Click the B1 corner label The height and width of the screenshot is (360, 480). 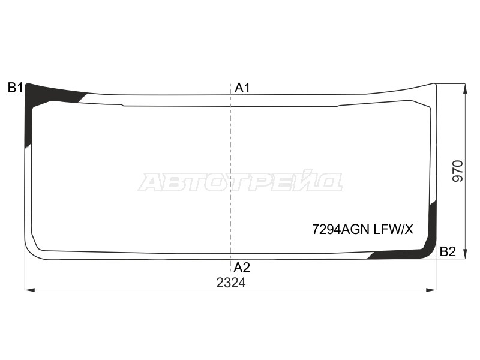15,88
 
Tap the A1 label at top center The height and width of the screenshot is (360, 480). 242,88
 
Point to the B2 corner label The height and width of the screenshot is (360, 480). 448,252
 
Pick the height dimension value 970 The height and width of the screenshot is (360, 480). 457,172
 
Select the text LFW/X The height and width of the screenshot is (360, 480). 394,229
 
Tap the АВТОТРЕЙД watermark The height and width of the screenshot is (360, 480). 240,181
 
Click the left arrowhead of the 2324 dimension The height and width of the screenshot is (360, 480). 27,290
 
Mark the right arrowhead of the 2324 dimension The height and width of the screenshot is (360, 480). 433,290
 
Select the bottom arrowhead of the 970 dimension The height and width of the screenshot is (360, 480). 464,257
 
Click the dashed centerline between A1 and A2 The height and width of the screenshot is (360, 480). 232,180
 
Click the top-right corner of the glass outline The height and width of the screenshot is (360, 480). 434,85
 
